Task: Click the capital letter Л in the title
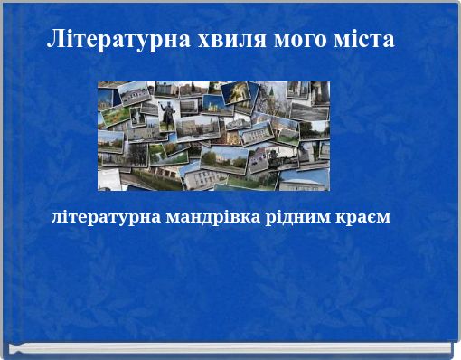pyautogui.click(x=55, y=41)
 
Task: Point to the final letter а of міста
pyautogui.click(x=389, y=41)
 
